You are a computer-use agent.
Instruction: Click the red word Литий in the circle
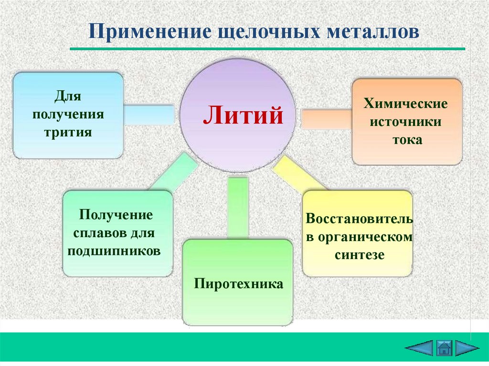coord(243,116)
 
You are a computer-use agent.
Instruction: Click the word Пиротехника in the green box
coord(238,284)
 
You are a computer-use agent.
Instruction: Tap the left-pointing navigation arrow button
coord(419,347)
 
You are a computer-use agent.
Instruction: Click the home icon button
coord(444,347)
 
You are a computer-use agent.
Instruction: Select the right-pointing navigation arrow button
coord(467,347)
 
